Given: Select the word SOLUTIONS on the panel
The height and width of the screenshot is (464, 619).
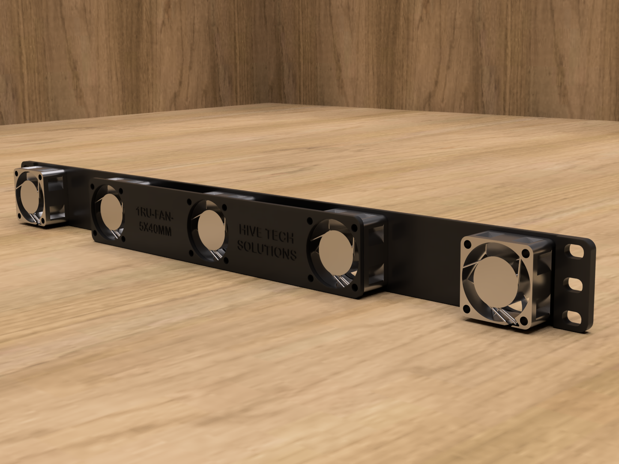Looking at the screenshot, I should [266, 250].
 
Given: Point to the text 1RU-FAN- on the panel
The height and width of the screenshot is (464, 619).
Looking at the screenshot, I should [154, 212].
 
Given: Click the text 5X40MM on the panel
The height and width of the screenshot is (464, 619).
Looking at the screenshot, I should [155, 230].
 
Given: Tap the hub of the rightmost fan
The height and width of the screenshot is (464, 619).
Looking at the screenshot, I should [496, 281].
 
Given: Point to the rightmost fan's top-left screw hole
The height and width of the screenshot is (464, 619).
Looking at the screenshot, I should [467, 244].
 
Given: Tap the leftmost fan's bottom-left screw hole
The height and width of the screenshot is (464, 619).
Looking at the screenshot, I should [19, 216].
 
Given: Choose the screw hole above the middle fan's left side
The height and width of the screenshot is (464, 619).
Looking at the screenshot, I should [189, 201].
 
